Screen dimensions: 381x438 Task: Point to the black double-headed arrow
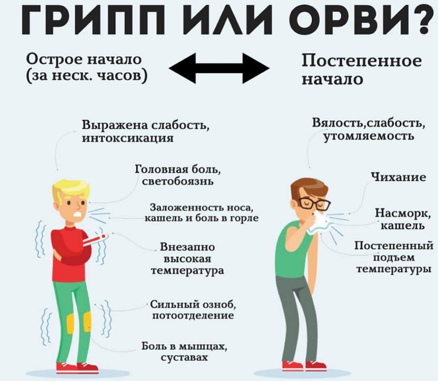[219, 68]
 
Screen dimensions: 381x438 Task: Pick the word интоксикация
[128, 138]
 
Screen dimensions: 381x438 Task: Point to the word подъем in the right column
[394, 257]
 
